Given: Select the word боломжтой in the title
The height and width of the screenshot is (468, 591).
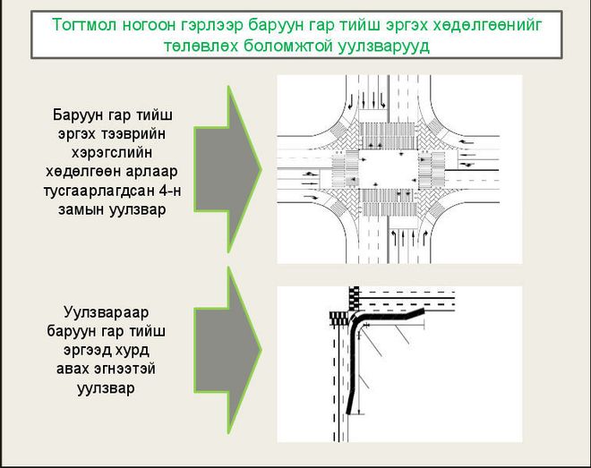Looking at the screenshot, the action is point(287,47).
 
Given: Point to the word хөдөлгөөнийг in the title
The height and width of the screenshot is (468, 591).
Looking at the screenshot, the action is point(487,25).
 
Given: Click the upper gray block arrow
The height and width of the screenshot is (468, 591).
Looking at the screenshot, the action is point(227,169).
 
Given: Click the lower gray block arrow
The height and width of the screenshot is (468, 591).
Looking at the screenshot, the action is point(227,350).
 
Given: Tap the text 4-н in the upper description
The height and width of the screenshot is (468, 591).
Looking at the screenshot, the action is point(170,191).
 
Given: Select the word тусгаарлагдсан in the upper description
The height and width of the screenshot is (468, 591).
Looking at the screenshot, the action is point(98,191).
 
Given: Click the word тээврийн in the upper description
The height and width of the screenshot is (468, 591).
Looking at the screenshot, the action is point(134,134).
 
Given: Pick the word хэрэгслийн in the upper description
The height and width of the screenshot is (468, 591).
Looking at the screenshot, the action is point(112,153).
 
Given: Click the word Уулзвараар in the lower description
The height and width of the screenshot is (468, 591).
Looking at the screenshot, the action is point(107,312).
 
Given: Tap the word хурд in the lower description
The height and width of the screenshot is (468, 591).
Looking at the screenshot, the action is point(133,351).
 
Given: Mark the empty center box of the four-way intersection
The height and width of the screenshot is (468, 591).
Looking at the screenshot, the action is point(388,169).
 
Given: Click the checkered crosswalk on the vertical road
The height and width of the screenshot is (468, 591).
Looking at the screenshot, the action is point(355,298).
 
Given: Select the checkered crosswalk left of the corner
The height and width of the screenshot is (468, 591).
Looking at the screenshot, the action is point(339,319).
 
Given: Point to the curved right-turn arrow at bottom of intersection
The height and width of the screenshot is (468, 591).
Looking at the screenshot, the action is point(424,236).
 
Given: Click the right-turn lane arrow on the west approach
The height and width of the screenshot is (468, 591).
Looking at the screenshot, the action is point(311,197).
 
